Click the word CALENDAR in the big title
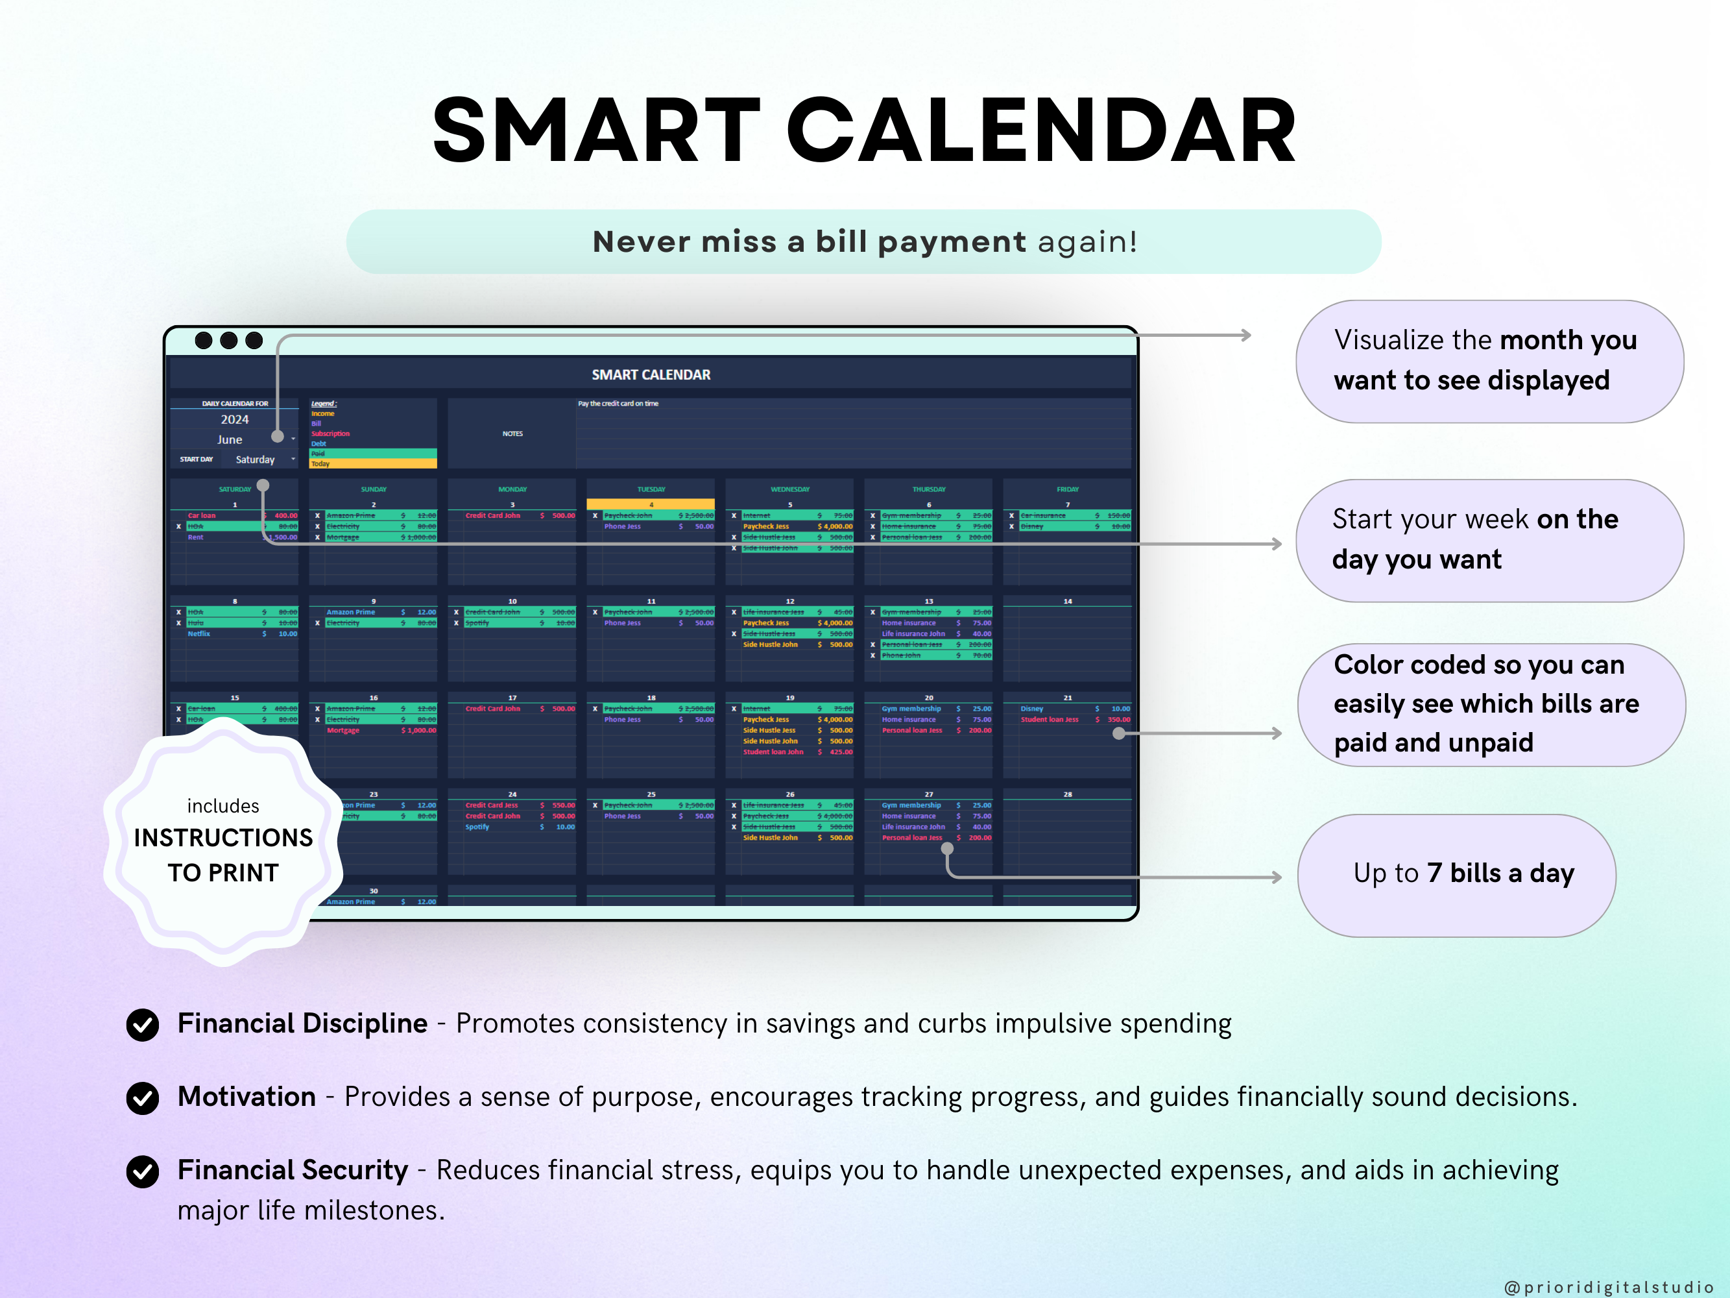1040,130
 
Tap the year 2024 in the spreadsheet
235,419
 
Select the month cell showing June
230,440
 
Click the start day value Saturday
255,460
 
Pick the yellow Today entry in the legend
372,464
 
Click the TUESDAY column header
651,489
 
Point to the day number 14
1068,601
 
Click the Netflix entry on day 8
199,633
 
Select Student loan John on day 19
773,752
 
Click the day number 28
1068,794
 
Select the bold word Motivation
246,1097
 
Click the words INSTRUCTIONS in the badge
223,838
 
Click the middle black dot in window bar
229,340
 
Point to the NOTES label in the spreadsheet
512,434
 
